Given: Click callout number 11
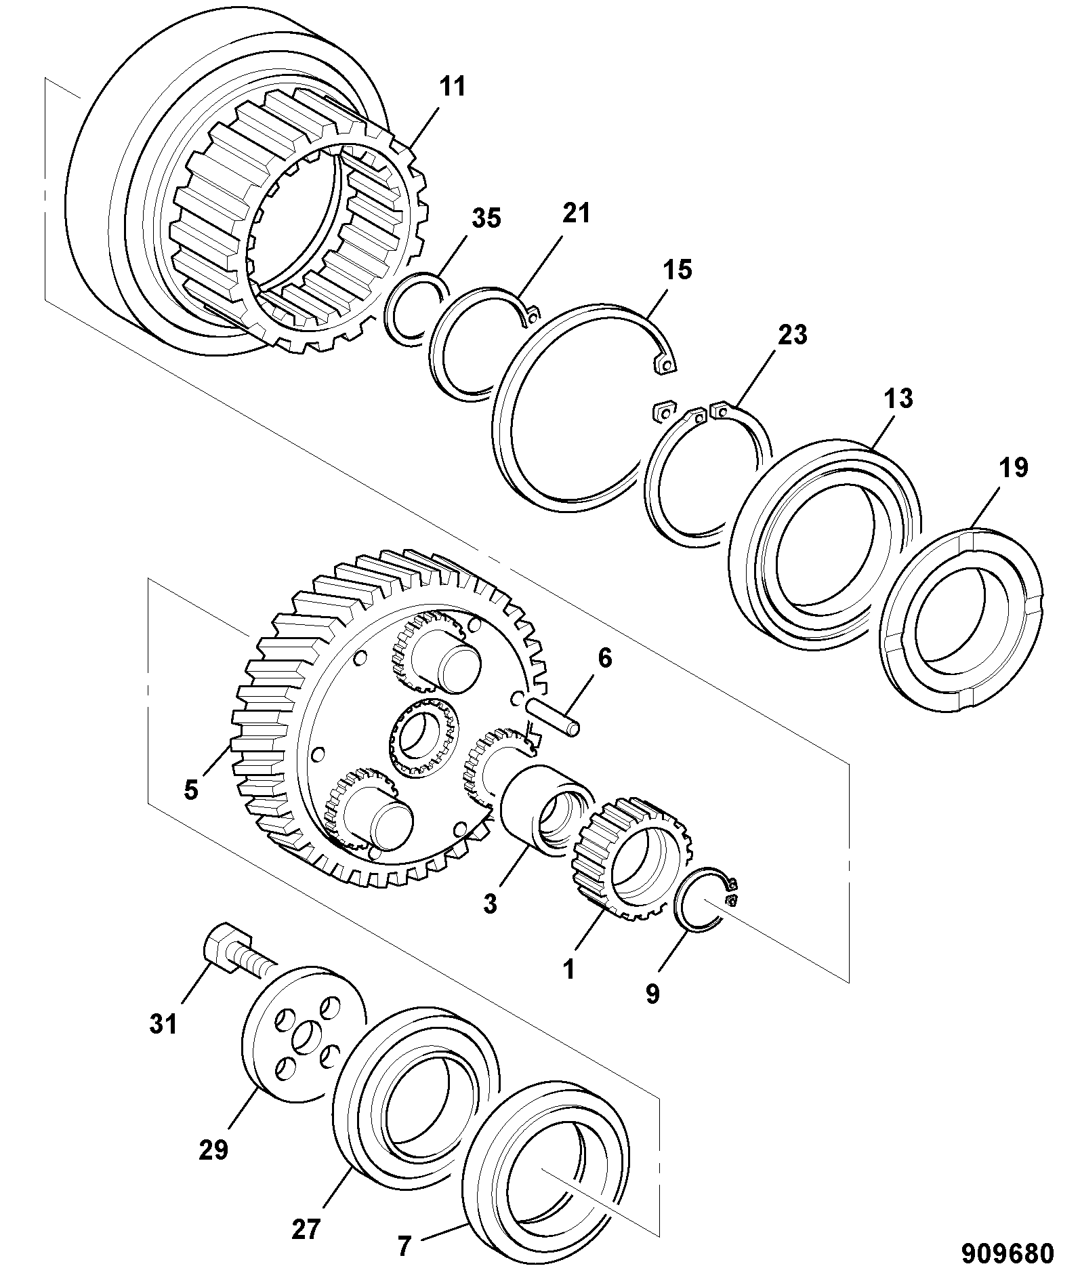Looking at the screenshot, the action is (x=453, y=87).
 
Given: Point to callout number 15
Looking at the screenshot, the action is (x=678, y=270).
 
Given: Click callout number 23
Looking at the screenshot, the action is (x=792, y=335).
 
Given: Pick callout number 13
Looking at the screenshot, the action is (x=898, y=399).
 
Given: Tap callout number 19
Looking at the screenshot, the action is (x=1013, y=468).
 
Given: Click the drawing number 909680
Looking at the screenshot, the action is (x=1008, y=1253).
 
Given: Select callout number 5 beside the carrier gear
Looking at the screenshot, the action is (x=191, y=790).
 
